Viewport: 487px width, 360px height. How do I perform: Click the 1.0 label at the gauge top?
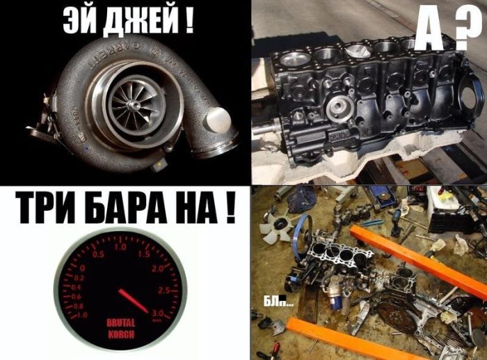120,247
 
